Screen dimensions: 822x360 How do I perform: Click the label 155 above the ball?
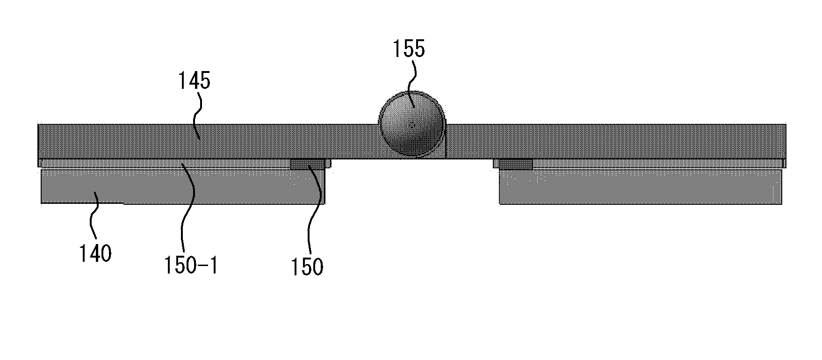coord(409,49)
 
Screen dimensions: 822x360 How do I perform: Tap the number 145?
coord(194,81)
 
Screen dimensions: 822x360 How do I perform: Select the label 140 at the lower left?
coord(95,253)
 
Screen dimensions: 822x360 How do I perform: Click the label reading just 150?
coord(307,266)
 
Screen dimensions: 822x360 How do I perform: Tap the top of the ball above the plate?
coord(411,91)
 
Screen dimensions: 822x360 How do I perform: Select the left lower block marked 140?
coord(183,186)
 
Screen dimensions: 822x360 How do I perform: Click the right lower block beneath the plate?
coord(641,186)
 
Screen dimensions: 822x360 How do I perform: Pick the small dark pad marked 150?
coord(308,164)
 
